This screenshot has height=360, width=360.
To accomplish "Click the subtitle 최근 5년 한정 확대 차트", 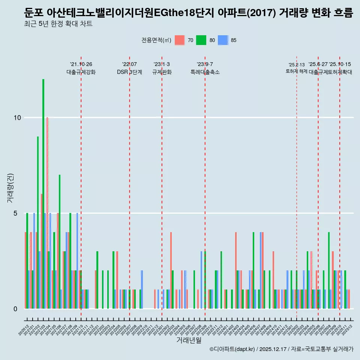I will [58, 24].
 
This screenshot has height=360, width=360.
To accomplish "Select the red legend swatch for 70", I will [180, 40].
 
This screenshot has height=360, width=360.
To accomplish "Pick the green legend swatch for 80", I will [201, 40].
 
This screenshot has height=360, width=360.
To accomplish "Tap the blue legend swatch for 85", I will [223, 40].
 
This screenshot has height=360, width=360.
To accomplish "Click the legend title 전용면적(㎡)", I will [156, 40].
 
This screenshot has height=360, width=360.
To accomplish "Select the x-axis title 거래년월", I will [189, 340].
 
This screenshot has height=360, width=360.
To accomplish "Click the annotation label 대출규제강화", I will [81, 72].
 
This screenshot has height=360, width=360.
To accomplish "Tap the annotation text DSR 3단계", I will [129, 72].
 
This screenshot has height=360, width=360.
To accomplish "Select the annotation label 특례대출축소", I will [205, 72].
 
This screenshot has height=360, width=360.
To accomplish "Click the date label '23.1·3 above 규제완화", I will [162, 64].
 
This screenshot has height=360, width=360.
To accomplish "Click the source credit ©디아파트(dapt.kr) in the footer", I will [232, 349].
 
